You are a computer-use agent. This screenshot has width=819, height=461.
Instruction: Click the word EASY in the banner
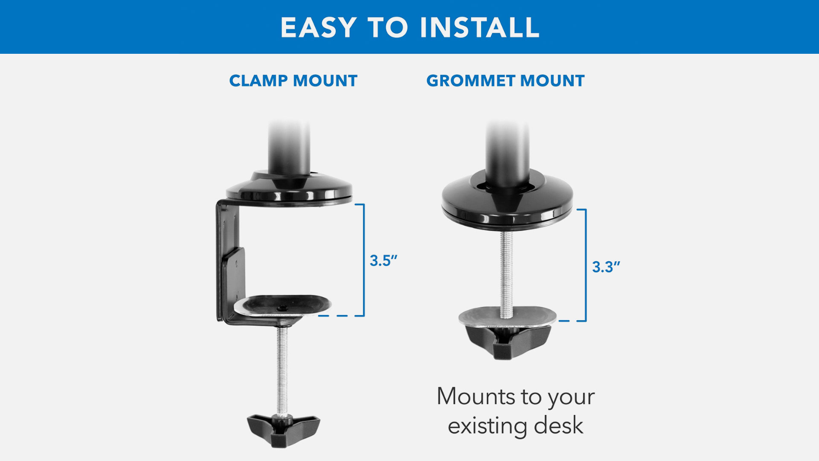click(318, 28)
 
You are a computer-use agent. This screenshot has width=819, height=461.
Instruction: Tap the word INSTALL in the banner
click(480, 28)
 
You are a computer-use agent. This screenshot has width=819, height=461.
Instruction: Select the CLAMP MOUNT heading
click(293, 81)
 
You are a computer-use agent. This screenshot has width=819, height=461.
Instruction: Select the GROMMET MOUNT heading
click(505, 81)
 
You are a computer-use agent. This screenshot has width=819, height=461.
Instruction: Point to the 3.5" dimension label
click(383, 261)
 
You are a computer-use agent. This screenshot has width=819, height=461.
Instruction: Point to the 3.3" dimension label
click(606, 267)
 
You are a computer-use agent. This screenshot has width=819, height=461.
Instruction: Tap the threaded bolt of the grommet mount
click(506, 275)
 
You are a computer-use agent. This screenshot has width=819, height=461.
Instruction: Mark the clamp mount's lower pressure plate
click(283, 305)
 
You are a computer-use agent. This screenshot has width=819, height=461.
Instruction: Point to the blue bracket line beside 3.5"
click(364, 260)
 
